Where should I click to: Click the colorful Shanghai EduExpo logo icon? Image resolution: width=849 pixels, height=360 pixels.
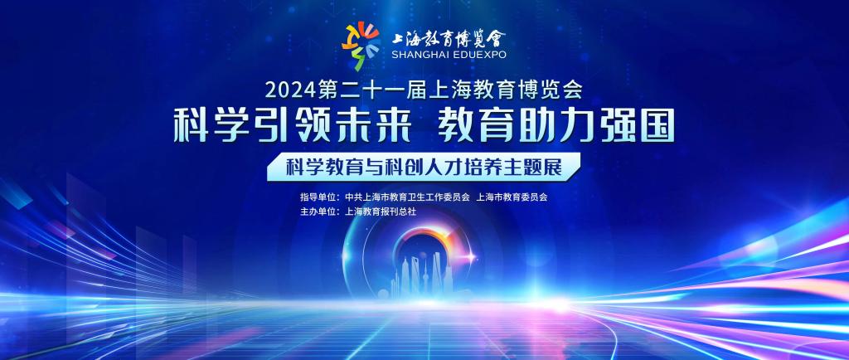[x=360, y=45]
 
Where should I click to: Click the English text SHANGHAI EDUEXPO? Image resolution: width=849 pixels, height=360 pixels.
[x=449, y=54]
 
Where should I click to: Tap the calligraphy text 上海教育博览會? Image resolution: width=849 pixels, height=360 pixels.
[x=449, y=37]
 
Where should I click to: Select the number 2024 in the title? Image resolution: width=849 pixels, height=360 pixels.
[x=289, y=90]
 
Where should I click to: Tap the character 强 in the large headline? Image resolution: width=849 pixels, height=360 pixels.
[x=617, y=125]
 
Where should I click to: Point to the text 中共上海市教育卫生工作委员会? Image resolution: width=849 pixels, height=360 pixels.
[x=406, y=197]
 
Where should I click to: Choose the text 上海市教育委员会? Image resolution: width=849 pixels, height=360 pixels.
[x=512, y=197]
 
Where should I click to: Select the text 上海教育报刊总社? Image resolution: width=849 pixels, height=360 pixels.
[x=380, y=212]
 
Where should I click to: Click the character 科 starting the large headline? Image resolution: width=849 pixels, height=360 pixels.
[x=192, y=125]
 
